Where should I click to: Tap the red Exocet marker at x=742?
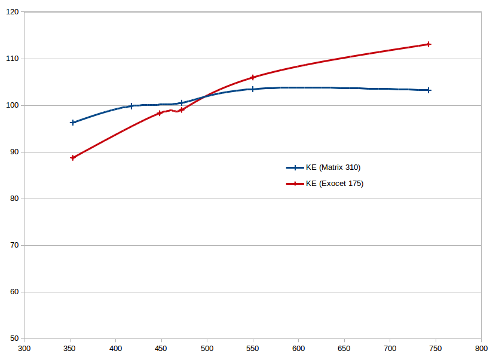[428, 44]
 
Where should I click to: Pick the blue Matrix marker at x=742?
[428, 90]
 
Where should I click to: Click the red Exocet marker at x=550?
[253, 78]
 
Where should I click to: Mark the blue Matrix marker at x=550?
[253, 89]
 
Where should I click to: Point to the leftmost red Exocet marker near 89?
[73, 158]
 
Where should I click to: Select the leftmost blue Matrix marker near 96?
[73, 123]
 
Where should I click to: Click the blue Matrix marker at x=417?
[131, 106]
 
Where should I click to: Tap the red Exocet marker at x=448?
[160, 113]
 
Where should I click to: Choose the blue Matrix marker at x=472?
[182, 103]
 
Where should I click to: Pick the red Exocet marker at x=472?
[182, 110]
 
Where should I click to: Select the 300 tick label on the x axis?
[24, 348]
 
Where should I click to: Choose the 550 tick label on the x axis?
[253, 348]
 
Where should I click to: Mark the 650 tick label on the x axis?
[344, 348]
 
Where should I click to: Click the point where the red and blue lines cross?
[204, 96]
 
